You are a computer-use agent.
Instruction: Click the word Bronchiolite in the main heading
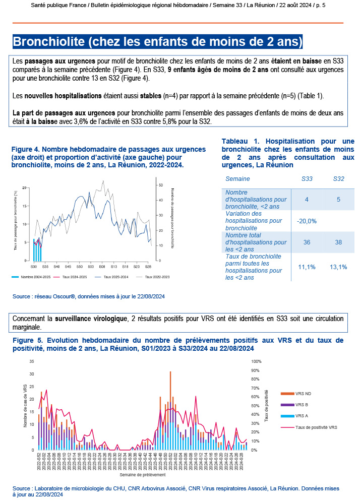[47, 41]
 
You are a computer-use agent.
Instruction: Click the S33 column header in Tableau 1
[307, 179]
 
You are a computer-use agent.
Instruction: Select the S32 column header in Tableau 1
[339, 179]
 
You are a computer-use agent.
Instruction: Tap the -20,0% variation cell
[307, 221]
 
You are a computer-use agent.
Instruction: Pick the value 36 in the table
[307, 242]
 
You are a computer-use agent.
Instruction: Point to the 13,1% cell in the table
[339, 267]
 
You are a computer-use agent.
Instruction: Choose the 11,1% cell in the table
[307, 267]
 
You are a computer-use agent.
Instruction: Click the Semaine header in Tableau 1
[237, 179]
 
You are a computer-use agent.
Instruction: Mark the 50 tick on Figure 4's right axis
[160, 185]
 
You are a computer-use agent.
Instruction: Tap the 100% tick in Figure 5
[256, 362]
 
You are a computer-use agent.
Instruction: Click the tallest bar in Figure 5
[170, 410]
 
